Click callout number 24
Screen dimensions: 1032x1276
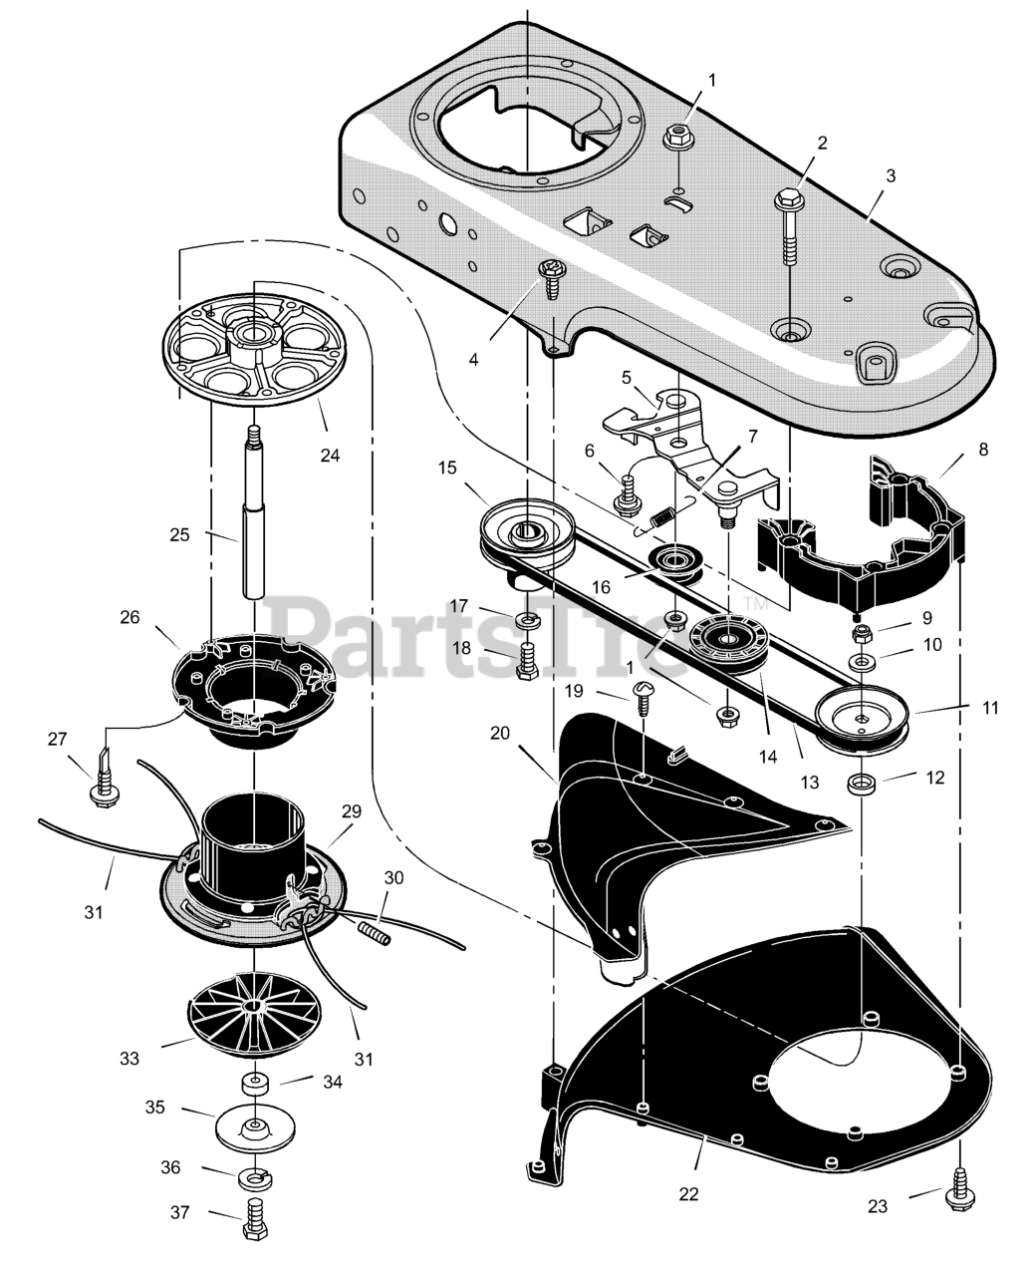pos(330,455)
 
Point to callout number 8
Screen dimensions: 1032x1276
pos(983,450)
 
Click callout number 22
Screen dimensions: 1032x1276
pos(689,1193)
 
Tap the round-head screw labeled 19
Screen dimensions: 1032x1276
pos(641,699)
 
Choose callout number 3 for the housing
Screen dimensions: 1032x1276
pos(890,175)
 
